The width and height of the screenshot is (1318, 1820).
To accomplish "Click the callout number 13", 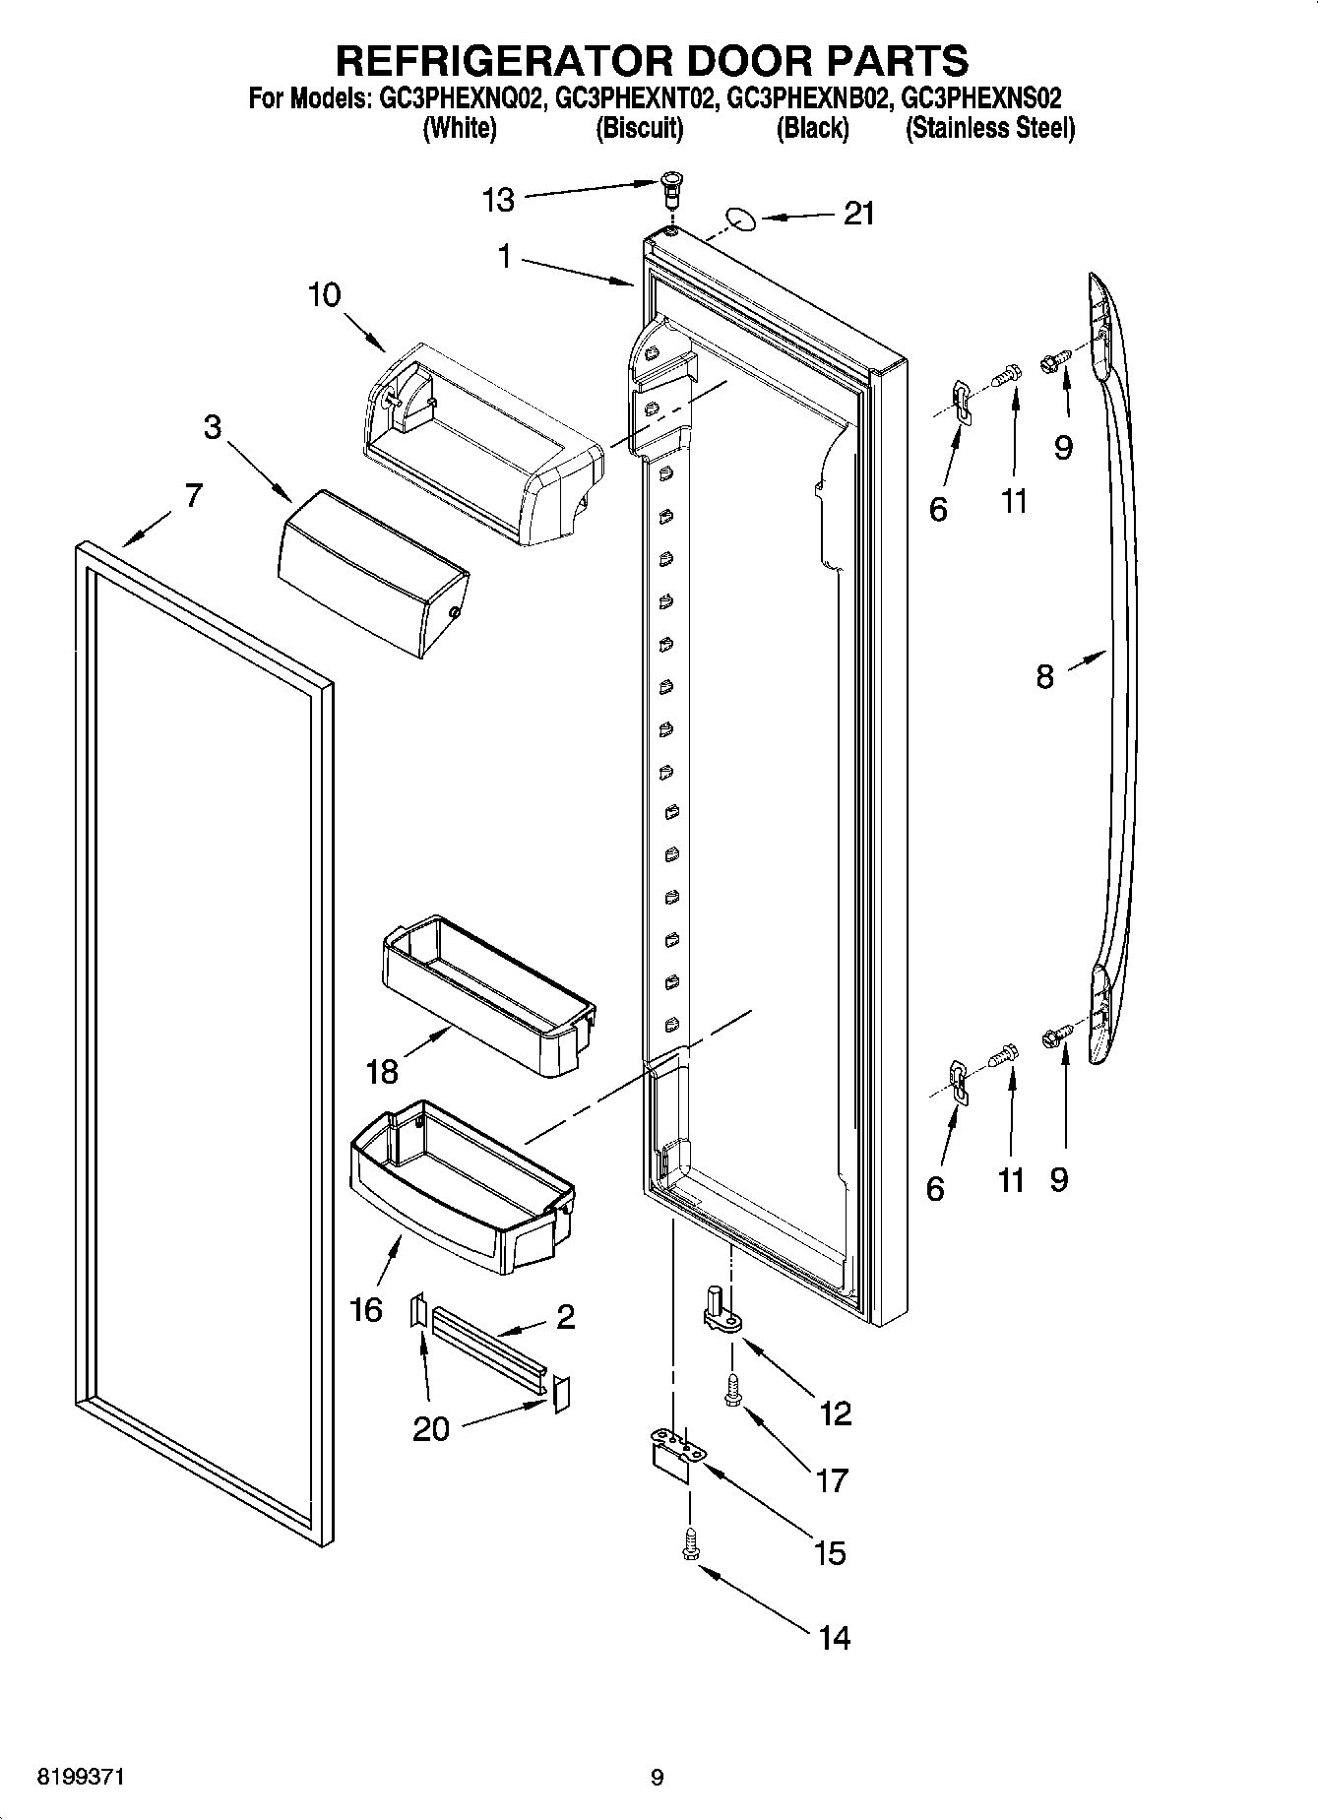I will (x=498, y=201).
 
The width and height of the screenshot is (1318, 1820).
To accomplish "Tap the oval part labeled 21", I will (x=740, y=218).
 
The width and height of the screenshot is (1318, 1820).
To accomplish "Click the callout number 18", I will (x=382, y=1072).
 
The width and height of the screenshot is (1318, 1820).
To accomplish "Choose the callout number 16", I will (x=366, y=1310).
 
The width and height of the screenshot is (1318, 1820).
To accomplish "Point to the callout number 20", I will (x=431, y=1428).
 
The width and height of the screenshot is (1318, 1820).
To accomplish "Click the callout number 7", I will (x=193, y=495).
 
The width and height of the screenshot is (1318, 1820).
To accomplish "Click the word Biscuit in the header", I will (x=640, y=128).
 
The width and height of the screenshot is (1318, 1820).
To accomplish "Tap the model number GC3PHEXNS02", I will (x=981, y=98).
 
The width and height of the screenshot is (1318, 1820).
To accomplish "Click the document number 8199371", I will (x=81, y=1777).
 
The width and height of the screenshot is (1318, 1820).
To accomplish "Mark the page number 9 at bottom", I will (x=658, y=1777).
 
